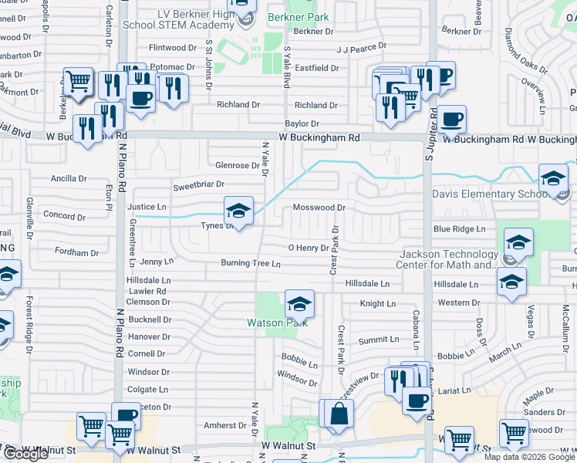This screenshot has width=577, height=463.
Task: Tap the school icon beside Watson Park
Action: point(299,302)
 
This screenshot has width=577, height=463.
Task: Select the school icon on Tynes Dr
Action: point(238,210)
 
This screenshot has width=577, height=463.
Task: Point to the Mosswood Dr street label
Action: point(319,208)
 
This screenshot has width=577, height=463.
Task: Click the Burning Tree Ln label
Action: point(250,263)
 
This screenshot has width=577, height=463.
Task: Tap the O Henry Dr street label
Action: point(308,248)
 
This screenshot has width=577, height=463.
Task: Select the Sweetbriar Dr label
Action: point(198,185)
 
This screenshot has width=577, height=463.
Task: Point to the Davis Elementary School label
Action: point(488,194)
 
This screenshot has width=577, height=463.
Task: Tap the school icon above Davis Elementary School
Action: point(553,179)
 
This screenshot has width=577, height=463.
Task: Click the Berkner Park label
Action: point(298,17)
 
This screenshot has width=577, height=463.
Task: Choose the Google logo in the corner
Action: point(25,454)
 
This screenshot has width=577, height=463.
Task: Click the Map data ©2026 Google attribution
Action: point(529,457)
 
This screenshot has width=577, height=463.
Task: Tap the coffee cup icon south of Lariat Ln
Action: point(417,401)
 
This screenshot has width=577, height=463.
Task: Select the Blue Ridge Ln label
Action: point(459,229)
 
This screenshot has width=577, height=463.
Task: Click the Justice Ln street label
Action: point(147,208)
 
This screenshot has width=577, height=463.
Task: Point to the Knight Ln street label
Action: point(377,304)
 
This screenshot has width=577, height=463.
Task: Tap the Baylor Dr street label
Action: point(302,123)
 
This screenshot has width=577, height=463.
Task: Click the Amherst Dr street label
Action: point(225,425)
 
